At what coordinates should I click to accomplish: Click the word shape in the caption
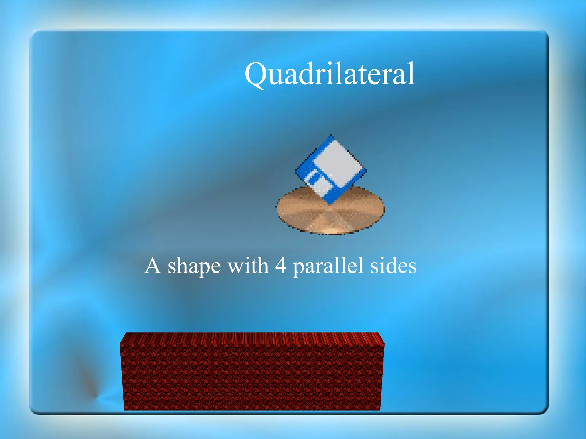[x=194, y=266]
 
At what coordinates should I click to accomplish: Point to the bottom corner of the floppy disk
[x=330, y=204]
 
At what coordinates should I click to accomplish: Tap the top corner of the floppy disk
[x=331, y=136]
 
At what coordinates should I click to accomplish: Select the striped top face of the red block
[x=252, y=338]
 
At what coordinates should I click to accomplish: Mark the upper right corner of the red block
[x=383, y=343]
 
